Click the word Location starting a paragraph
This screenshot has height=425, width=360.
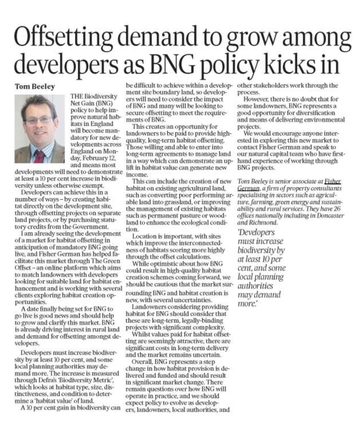(x=145, y=252)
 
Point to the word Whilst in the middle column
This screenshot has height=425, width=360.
(x=143, y=332)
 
